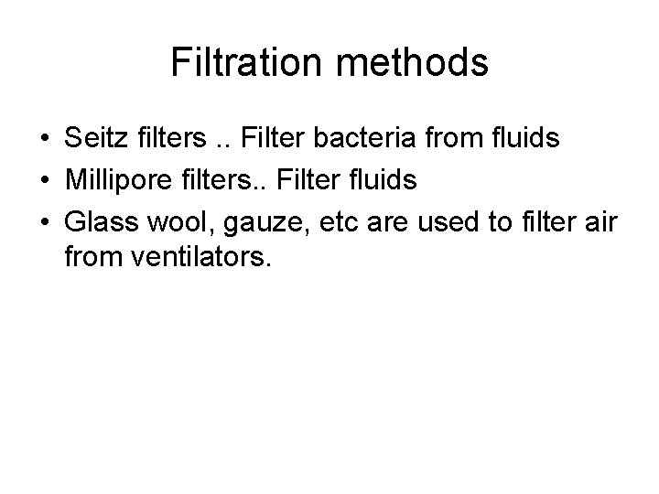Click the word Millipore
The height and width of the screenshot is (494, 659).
pyautogui.click(x=113, y=180)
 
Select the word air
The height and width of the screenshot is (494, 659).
pyautogui.click(x=599, y=220)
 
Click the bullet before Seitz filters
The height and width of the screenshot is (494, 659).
pyautogui.click(x=44, y=141)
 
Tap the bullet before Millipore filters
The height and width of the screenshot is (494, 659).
pyautogui.click(x=44, y=181)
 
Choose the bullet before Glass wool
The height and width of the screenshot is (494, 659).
pyautogui.click(x=44, y=221)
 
